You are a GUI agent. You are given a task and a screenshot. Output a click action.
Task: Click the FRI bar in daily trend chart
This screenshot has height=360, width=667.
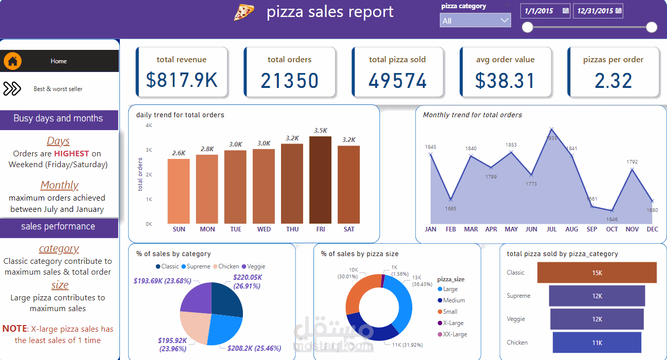coord(320,180)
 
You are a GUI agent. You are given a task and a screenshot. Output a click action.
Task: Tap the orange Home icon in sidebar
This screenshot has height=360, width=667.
coord(13,61)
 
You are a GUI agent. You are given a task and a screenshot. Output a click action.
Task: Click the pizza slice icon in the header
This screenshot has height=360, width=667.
coord(244,12)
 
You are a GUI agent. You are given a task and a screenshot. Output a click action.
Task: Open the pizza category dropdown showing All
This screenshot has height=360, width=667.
coord(475,21)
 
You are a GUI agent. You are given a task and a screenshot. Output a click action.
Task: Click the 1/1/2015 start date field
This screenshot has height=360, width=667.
coord(545,10)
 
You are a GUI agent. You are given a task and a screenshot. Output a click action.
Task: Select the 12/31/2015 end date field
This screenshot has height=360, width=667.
coord(598,10)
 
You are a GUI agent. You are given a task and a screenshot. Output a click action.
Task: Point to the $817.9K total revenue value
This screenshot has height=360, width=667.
coord(182,81)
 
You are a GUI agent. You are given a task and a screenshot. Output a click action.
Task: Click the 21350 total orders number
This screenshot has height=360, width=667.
coord(289,81)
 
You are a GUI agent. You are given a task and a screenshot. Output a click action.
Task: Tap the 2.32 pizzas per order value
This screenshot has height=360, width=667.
coord(613,81)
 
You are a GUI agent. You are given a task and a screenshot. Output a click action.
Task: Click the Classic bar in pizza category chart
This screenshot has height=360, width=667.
coord(596,273)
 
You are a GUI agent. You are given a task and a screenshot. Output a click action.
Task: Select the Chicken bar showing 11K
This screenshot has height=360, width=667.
coord(596,343)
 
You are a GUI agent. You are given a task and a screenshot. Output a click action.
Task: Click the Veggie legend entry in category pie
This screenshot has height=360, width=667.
coord(256,266)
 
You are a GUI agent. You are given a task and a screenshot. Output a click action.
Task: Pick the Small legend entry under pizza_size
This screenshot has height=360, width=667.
coord(450,312)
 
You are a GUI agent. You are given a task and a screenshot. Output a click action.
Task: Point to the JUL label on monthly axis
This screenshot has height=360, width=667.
coord(552,229)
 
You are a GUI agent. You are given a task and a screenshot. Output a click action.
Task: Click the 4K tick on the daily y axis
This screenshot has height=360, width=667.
coord(149,125)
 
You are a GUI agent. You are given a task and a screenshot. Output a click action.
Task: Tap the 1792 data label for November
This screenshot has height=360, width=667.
coord(632,162)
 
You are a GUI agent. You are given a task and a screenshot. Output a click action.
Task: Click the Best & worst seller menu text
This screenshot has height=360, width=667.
coord(58,89)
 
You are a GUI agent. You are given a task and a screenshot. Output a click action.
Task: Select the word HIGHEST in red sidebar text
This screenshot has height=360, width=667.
coord(72,153)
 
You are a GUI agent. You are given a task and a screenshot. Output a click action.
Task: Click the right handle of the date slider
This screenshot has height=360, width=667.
coord(652,27)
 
